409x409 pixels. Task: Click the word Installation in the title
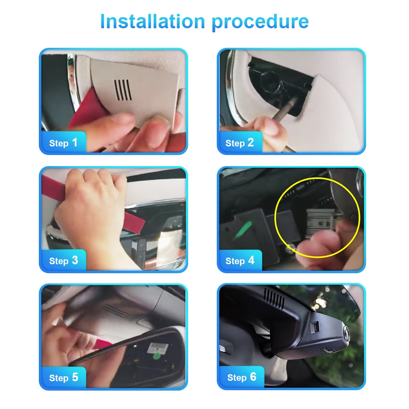tap(153, 21)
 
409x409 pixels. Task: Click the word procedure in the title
tap(260, 22)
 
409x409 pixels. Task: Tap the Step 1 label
tap(63, 143)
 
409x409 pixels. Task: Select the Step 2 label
tap(239, 143)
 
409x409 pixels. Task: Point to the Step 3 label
tap(64, 261)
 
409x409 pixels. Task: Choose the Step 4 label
tap(240, 261)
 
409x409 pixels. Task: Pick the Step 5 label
tap(64, 378)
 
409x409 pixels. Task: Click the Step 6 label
tap(242, 377)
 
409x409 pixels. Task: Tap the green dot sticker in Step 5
tap(157, 356)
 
